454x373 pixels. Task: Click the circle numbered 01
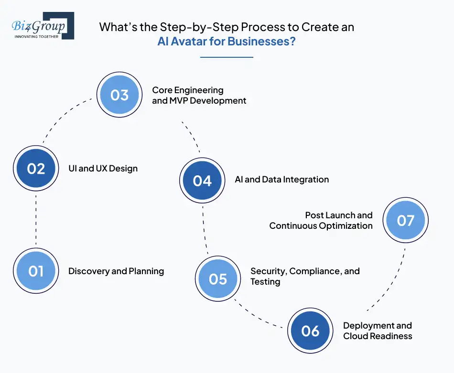(36, 271)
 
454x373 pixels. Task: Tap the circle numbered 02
(36, 169)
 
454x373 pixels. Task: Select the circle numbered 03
(119, 95)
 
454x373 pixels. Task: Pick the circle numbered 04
(202, 181)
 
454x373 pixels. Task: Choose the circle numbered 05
(218, 279)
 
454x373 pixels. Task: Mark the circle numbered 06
(311, 331)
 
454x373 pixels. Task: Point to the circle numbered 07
(406, 220)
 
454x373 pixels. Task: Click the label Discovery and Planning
(116, 271)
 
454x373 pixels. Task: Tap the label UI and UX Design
(103, 169)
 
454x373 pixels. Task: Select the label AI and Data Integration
(282, 180)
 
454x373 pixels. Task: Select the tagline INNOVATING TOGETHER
(36, 36)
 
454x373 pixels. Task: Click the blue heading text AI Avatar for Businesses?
(226, 41)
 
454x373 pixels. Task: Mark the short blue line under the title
(226, 57)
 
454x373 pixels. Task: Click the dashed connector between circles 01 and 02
(36, 220)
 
